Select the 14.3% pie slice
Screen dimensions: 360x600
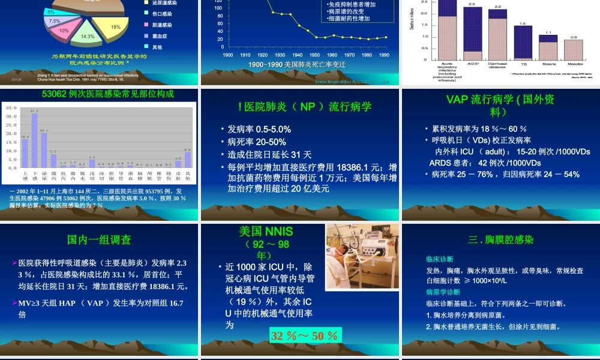click(88, 36)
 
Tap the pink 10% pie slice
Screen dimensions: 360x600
click(64, 30)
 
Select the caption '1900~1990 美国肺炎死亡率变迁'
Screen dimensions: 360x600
click(297, 64)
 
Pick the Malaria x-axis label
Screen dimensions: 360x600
click(548, 63)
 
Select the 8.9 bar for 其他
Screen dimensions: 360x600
click(187, 160)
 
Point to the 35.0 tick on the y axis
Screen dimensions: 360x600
click(11, 108)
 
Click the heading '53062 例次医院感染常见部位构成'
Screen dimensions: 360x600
click(100, 94)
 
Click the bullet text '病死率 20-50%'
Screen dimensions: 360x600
click(257, 142)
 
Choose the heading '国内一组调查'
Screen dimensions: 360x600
click(100, 240)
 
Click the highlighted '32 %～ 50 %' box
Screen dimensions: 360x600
click(305, 335)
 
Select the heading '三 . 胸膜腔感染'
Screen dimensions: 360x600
click(500, 240)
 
